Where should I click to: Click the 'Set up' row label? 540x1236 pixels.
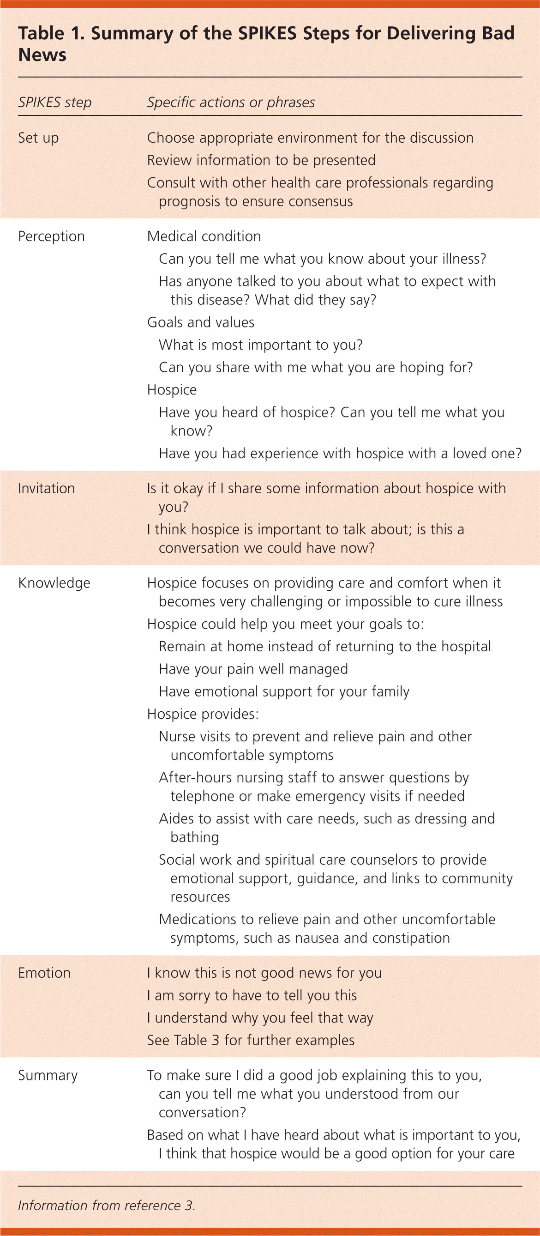38,138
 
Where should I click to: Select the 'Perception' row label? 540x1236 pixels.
51,236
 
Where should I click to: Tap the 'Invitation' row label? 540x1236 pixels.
47,489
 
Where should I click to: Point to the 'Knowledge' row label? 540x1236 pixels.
54,583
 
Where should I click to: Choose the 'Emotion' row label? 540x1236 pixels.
44,973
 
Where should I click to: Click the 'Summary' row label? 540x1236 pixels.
48,1075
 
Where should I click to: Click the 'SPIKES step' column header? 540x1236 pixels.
54,102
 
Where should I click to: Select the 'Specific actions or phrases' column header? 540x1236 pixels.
231,102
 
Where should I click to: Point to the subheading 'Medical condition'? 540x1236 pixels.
204,236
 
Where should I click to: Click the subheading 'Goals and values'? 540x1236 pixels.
200,322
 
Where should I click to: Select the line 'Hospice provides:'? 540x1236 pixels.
202,714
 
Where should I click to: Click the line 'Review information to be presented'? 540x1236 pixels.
261,160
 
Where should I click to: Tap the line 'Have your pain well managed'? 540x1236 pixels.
253,669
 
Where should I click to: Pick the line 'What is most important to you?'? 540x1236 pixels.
260,345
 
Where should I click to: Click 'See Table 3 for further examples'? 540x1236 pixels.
251,1040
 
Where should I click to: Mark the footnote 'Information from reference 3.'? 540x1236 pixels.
107,1206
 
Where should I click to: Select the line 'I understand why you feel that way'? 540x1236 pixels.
260,1018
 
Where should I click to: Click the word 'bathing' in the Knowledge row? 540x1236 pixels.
194,837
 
